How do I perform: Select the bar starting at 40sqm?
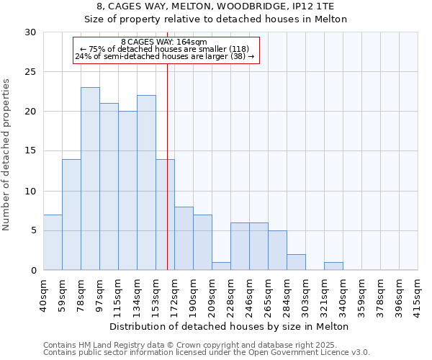53,243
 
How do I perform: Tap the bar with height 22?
146,183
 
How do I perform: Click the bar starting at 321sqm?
333,266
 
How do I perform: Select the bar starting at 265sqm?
277,250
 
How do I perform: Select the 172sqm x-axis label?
174,294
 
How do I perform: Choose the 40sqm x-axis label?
43,294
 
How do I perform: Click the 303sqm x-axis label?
305,294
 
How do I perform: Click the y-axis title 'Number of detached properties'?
7,155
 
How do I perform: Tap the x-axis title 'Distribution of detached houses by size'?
230,326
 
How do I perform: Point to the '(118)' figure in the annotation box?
239,49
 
